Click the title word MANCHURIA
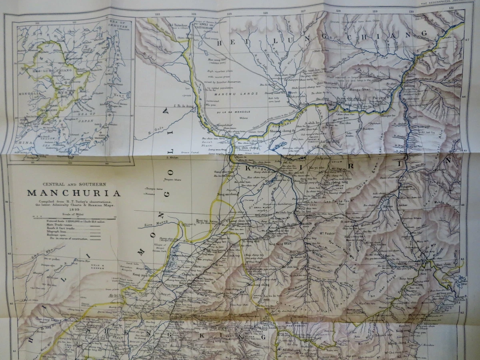pos(74,193)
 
